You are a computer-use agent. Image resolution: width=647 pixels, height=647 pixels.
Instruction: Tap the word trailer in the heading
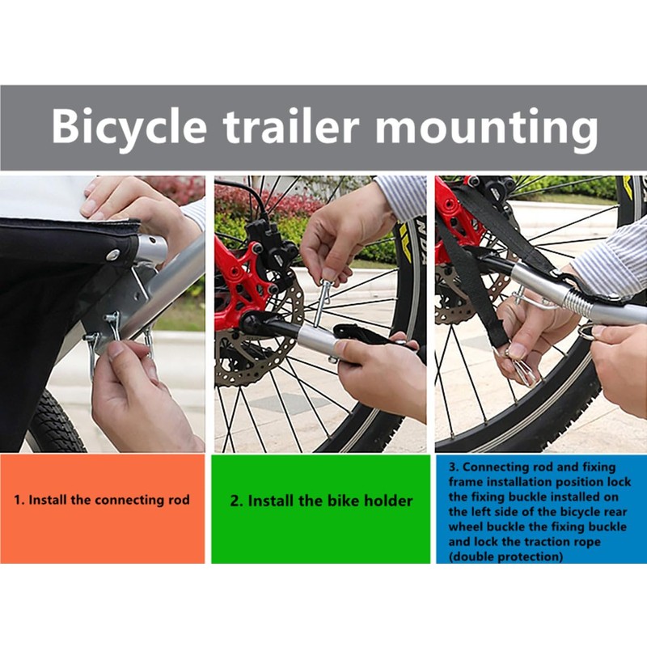pyautogui.click(x=298, y=129)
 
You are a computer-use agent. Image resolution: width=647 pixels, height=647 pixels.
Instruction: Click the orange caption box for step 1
pyautogui.click(x=102, y=509)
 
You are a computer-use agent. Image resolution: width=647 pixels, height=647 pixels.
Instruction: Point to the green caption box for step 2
pyautogui.click(x=320, y=509)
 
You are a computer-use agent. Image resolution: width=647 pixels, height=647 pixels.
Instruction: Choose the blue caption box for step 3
pyautogui.click(x=540, y=509)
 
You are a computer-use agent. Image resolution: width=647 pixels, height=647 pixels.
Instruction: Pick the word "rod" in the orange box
pyautogui.click(x=178, y=500)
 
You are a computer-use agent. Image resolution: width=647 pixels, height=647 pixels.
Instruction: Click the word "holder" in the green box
pyautogui.click(x=385, y=501)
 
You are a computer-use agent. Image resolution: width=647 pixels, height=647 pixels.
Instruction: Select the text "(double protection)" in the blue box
pyautogui.click(x=506, y=557)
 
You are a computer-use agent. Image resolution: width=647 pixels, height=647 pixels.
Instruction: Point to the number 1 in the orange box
pyautogui.click(x=17, y=500)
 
